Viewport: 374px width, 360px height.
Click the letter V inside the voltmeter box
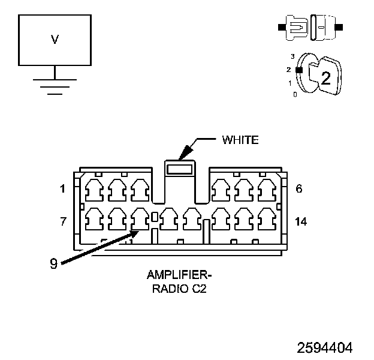coord(55,40)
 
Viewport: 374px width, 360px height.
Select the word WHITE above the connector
coord(240,140)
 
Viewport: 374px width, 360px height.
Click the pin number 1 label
coord(62,189)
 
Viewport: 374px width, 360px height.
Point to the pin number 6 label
coord(299,188)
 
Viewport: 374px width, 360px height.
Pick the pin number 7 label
coord(63,221)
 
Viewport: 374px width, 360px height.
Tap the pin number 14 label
coord(301,221)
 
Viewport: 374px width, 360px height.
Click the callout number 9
coord(54,263)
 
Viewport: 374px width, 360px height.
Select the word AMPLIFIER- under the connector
coord(179,275)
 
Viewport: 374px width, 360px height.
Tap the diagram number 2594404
coord(325,347)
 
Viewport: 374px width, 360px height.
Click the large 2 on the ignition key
coord(326,78)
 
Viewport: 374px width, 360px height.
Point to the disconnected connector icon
coord(310,28)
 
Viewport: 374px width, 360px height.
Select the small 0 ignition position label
coord(295,95)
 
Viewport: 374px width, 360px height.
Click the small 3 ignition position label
coord(292,56)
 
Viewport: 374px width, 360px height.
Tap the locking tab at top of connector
coord(180,169)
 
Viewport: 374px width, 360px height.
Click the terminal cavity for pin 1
coord(94,190)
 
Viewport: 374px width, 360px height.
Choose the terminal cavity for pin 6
coord(267,190)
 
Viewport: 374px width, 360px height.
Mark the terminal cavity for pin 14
coord(267,219)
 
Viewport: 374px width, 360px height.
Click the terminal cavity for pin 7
coord(94,219)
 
